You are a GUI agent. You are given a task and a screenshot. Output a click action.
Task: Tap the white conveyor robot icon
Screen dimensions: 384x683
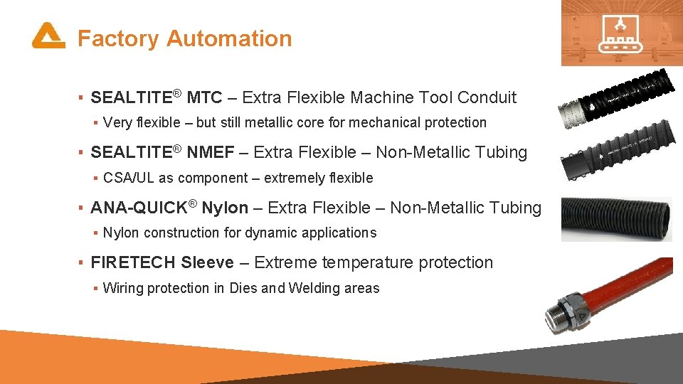(621, 33)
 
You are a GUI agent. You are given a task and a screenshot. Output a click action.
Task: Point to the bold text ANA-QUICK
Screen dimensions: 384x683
(139, 208)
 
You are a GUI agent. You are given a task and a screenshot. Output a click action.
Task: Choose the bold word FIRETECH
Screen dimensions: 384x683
(133, 262)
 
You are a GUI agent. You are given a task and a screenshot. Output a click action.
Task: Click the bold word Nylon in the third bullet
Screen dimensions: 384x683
(225, 208)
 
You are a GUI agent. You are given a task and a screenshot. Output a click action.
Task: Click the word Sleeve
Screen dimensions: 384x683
(207, 262)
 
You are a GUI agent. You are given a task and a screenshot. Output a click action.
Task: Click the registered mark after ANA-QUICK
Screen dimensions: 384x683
(193, 204)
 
